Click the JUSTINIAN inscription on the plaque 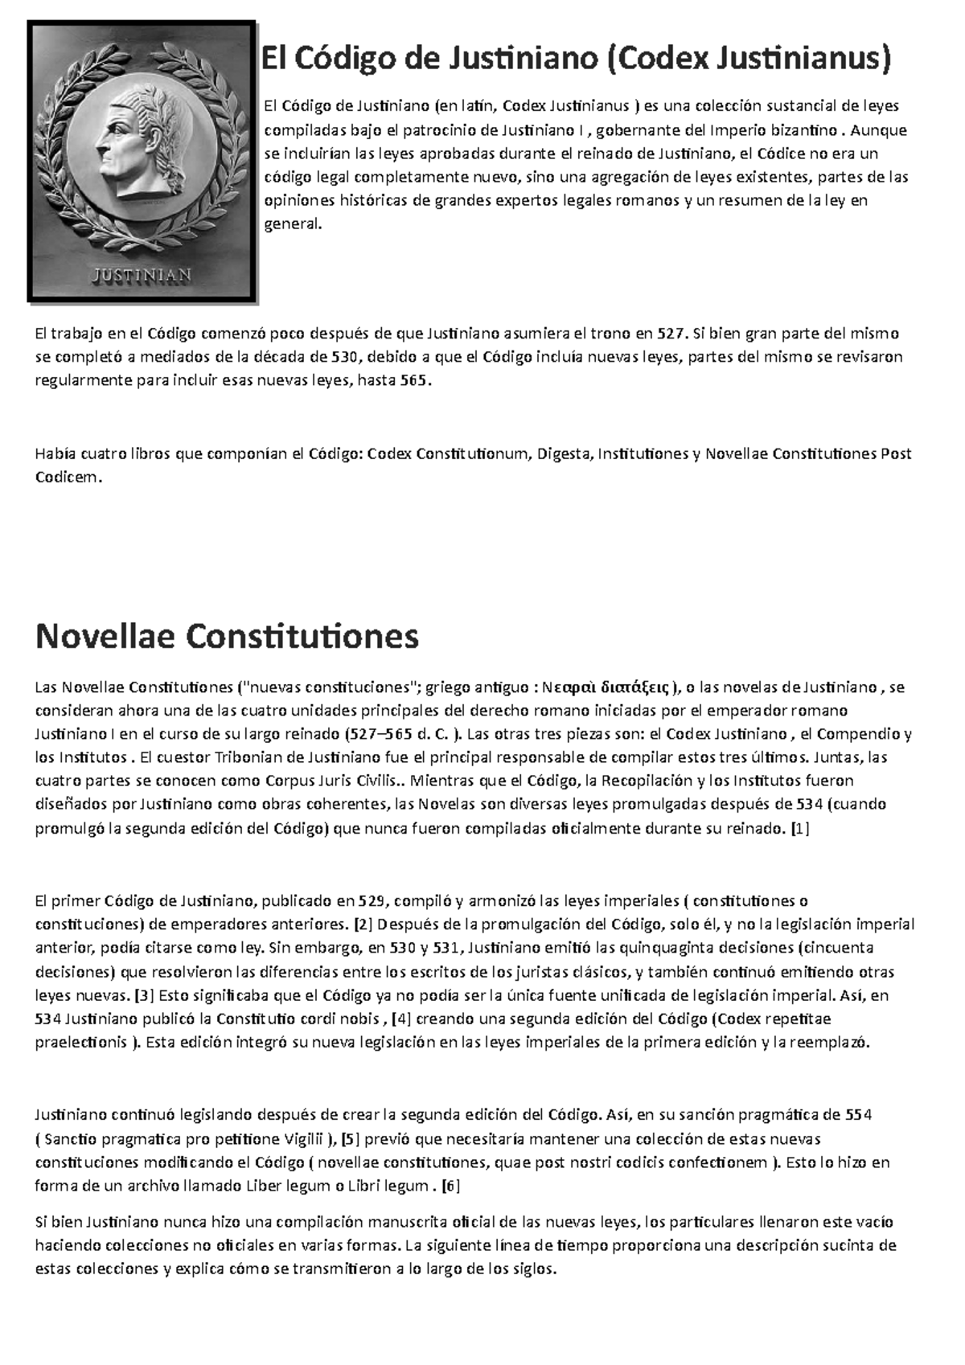[x=143, y=273]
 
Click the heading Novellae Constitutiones [x=228, y=637]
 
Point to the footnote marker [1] [x=800, y=827]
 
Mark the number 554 [x=860, y=1115]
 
